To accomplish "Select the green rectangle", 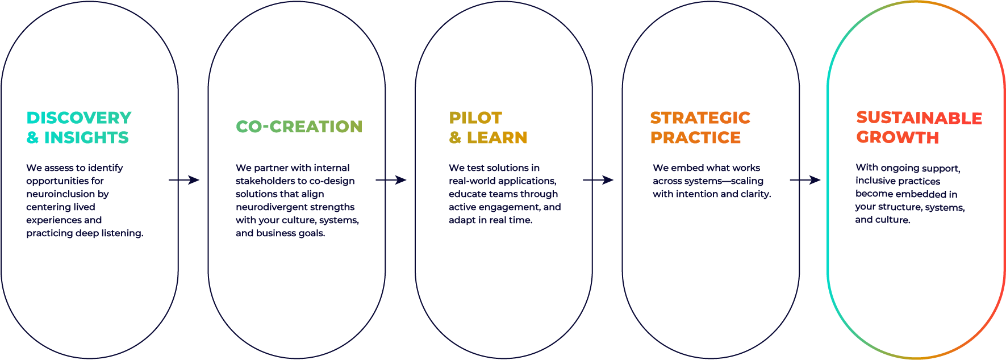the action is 300,142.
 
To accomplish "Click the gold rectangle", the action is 515,137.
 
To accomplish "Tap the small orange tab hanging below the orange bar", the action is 773,178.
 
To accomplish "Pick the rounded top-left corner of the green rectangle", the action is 239,123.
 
